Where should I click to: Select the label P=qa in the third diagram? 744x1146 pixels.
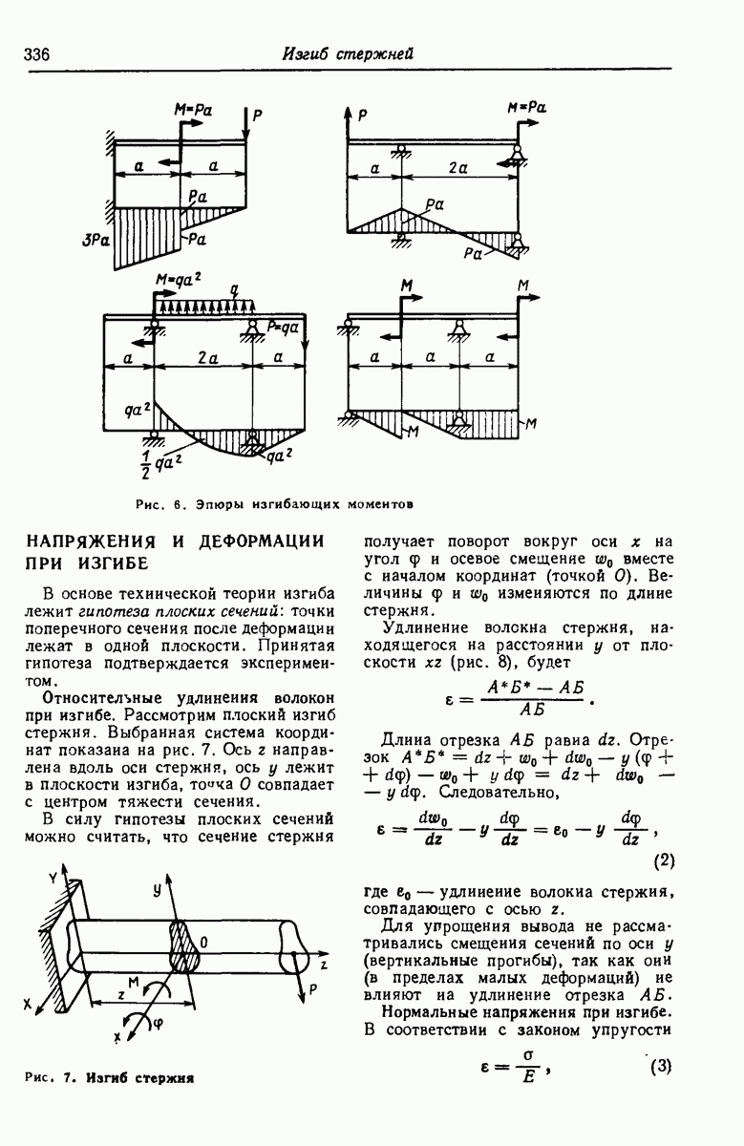(284, 324)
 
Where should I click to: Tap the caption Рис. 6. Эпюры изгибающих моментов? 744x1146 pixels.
(273, 503)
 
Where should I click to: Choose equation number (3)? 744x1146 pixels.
(662, 1067)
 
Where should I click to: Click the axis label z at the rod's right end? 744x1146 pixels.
(324, 965)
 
